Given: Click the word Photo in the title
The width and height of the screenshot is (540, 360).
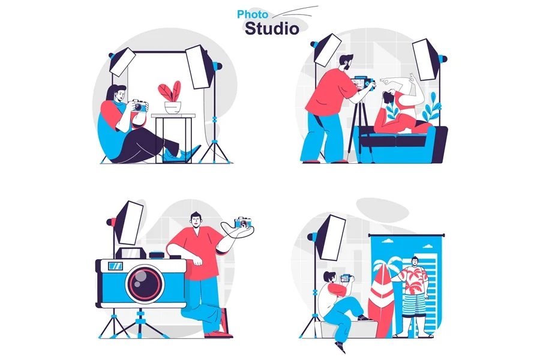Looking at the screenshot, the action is coord(253,14).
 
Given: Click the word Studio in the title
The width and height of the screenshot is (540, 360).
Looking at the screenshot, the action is coord(272,29).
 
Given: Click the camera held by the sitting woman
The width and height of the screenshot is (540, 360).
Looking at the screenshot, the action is coord(139,106).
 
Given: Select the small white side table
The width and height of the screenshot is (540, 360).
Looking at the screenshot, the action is coord(173,137).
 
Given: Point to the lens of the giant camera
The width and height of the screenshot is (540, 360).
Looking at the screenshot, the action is coord(145,284).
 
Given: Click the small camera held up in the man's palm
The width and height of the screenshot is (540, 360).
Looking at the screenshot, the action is coord(243,222).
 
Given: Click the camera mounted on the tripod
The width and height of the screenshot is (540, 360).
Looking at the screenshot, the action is coord(362,84).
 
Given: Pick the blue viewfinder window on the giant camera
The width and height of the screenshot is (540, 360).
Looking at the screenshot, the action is coord(115,266).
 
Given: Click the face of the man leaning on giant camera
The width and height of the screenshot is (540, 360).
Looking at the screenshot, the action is coord(196,220).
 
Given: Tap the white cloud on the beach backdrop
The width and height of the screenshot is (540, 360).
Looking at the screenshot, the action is coord(388,241).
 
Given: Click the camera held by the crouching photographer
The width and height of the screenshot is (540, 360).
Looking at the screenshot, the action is coord(346,278).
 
